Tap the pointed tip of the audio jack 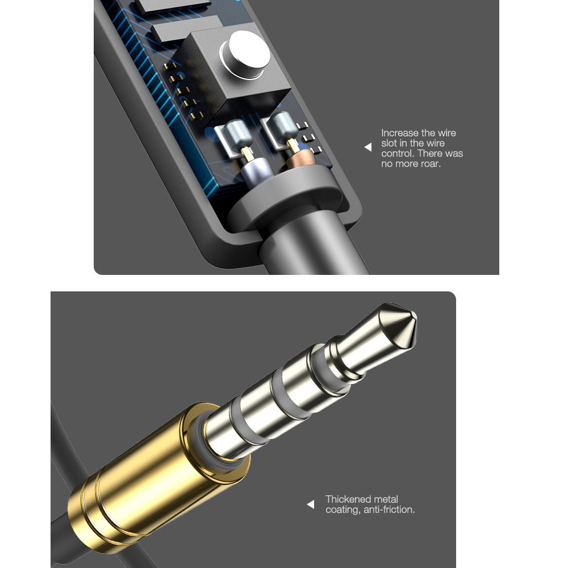pos(416,319)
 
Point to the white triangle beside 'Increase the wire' pos(368,147)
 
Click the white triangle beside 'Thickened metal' pos(311,504)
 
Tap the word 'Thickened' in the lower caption pos(348,499)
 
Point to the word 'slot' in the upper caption pos(389,143)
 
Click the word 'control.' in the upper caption pos(398,153)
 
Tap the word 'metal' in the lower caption pos(386,499)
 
